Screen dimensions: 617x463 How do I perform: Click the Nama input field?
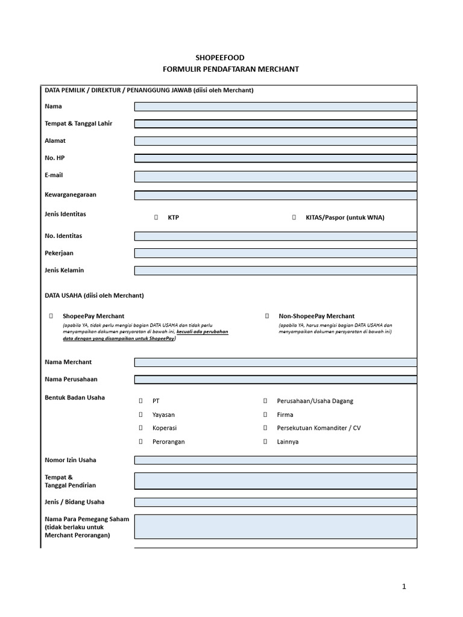[x=275, y=107]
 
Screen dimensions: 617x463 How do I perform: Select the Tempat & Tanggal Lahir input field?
[x=275, y=124]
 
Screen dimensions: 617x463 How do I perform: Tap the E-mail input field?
[x=275, y=176]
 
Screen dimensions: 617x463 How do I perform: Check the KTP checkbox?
[x=156, y=218]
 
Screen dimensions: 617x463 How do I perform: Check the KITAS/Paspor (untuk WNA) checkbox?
[x=294, y=218]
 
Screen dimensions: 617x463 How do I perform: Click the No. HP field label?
[x=54, y=158]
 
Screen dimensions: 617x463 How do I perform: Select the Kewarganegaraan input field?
[x=275, y=195]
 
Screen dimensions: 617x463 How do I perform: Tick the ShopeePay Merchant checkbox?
[x=51, y=316]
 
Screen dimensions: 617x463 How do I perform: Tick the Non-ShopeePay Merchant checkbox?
[x=267, y=316]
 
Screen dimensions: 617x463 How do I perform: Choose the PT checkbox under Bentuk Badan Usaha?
[x=140, y=401]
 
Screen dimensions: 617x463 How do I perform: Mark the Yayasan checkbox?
[x=140, y=415]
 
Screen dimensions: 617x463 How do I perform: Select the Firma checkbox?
[x=265, y=415]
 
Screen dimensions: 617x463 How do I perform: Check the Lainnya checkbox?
[x=265, y=442]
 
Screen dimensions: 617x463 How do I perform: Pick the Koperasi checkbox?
[x=140, y=428]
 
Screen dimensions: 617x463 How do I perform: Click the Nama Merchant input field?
[x=275, y=362]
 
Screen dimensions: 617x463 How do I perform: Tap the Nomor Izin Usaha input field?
[x=275, y=460]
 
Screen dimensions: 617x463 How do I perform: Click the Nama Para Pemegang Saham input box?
[x=275, y=526]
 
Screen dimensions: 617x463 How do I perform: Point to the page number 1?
[x=405, y=586]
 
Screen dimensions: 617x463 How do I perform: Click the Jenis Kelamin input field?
[x=275, y=271]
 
